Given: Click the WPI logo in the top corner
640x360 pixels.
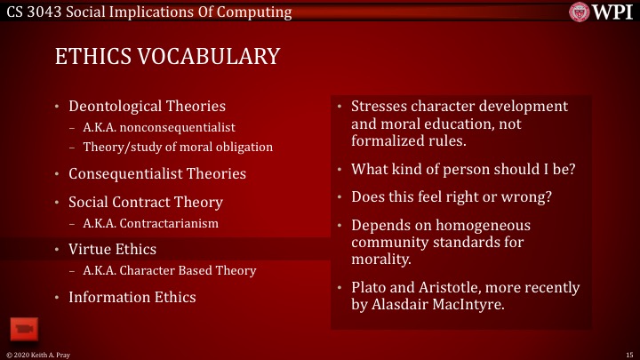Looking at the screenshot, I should [604, 12].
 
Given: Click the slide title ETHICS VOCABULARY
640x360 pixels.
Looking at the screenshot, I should [167, 57].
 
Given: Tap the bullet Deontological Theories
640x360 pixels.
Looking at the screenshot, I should [147, 107].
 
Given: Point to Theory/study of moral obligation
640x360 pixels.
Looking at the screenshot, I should [178, 147].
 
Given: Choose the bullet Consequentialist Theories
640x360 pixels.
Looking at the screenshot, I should [157, 173].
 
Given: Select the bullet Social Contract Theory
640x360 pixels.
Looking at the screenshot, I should [146, 202].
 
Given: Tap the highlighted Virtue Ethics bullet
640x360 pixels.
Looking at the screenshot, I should [112, 249].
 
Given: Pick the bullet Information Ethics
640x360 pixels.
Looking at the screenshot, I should [132, 297].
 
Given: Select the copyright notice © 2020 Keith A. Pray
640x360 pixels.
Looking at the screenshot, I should [36, 354].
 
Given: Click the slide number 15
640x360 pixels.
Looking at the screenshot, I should [628, 354].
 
